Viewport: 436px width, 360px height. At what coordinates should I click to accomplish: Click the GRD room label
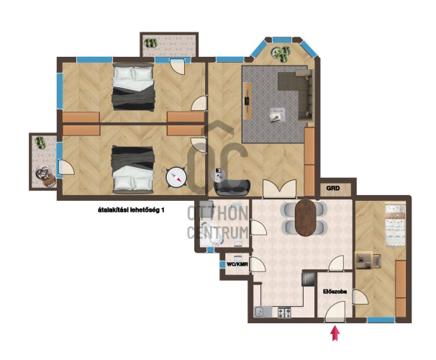tap(333, 189)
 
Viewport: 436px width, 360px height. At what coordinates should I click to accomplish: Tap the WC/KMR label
tap(237, 264)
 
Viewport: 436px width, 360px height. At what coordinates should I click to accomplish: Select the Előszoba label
tap(335, 292)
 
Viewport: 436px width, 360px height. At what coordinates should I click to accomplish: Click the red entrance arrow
tap(335, 333)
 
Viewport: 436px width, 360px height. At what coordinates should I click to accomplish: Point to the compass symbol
tap(176, 177)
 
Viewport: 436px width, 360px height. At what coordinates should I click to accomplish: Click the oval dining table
tap(306, 218)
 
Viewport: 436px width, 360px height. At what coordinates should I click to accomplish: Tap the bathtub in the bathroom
tap(212, 234)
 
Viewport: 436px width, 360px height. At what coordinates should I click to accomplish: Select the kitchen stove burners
tap(284, 312)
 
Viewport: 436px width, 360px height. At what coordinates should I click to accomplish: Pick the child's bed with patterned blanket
tap(395, 225)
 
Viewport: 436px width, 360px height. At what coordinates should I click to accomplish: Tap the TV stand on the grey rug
tap(247, 101)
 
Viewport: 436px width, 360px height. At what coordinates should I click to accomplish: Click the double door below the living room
tap(279, 189)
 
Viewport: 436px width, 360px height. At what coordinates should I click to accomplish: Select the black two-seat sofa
tap(232, 187)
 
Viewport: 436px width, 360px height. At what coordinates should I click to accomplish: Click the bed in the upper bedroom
tap(133, 87)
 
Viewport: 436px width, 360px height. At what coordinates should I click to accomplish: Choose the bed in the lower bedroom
tap(133, 169)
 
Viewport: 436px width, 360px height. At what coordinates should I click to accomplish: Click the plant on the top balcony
tap(151, 43)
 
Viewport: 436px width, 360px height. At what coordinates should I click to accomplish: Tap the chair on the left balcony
tap(45, 176)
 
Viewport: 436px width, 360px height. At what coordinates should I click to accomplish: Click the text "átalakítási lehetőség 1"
tap(131, 210)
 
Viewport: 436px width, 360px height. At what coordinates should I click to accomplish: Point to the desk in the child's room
tap(364, 260)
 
